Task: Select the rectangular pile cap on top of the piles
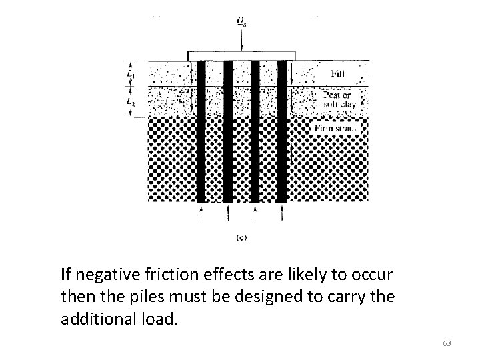[240, 55]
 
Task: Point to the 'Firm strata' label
[335, 127]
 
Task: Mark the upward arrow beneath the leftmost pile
[201, 213]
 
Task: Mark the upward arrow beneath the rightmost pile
[281, 213]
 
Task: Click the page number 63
[447, 343]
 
